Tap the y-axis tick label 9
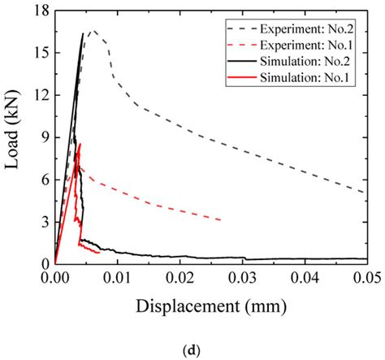pyautogui.click(x=42, y=137)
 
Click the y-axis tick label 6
pyautogui.click(x=42, y=180)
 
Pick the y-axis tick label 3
pyautogui.click(x=42, y=222)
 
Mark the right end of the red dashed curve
pyautogui.click(x=221, y=219)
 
